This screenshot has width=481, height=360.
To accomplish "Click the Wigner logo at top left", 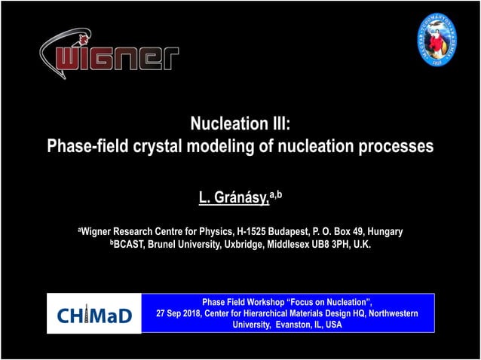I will point(109,56).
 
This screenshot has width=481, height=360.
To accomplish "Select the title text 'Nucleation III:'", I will point(240,124).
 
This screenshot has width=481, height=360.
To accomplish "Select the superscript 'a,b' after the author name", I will point(276,195).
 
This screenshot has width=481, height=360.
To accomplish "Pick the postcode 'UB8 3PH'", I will point(332,245).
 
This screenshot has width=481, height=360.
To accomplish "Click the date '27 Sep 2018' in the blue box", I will point(178,313).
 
